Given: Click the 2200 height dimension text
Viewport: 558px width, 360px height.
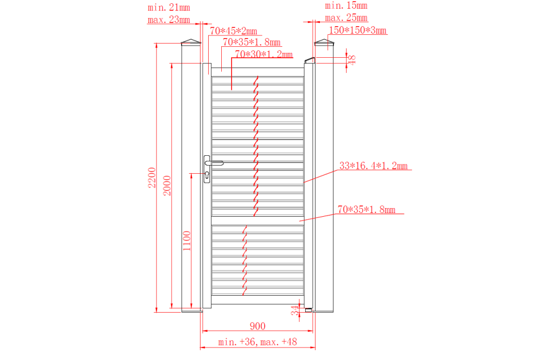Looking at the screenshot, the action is pyautogui.click(x=152, y=178).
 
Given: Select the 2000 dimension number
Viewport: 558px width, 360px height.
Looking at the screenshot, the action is pyautogui.click(x=167, y=185).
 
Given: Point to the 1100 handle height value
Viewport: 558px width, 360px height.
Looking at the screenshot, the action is pyautogui.click(x=186, y=241).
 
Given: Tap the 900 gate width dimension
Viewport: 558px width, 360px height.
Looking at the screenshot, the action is pyautogui.click(x=257, y=326).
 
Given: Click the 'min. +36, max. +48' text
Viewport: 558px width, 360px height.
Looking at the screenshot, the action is pyautogui.click(x=257, y=342).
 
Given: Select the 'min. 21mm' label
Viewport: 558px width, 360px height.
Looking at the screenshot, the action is pyautogui.click(x=169, y=8).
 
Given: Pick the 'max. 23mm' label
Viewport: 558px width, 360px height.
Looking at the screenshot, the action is pyautogui.click(x=169, y=20).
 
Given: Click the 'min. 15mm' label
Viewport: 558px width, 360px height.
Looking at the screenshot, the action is pyautogui.click(x=346, y=5).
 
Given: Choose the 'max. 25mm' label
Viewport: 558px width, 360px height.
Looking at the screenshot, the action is pyautogui.click(x=346, y=17).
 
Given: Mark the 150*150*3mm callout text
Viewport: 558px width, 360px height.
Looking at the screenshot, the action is pyautogui.click(x=357, y=30).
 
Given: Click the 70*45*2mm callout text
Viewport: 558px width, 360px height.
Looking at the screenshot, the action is pyautogui.click(x=233, y=31).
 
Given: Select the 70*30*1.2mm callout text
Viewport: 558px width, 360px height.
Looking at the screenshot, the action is pyautogui.click(x=264, y=54).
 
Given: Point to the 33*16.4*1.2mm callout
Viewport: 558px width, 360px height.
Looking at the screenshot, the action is pyautogui.click(x=373, y=166).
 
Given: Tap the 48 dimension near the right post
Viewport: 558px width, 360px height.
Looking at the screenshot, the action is pyautogui.click(x=351, y=60).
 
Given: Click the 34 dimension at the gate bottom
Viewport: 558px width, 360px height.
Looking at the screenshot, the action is pyautogui.click(x=295, y=310).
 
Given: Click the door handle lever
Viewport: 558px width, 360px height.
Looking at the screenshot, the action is pyautogui.click(x=214, y=163).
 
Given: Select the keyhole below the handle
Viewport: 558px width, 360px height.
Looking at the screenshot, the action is pyautogui.click(x=207, y=175).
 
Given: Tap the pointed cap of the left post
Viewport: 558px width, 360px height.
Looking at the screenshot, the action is pyautogui.click(x=191, y=42).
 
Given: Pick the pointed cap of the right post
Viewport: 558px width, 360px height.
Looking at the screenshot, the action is pyautogui.click(x=324, y=42).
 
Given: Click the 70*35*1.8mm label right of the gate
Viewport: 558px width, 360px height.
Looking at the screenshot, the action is pyautogui.click(x=367, y=209).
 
